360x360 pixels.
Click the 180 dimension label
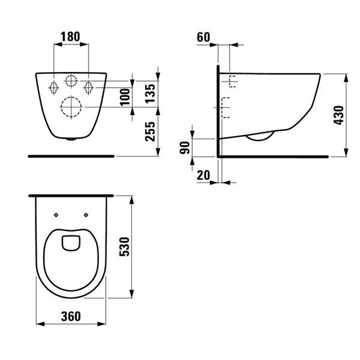coord(70,37)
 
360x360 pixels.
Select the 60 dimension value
coord(203,37)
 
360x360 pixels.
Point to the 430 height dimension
coord(338,115)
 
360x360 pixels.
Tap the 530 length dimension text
coord(124,247)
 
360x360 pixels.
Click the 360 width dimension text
coord(71,316)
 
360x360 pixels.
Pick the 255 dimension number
coord(150,131)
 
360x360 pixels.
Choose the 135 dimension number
coord(150,94)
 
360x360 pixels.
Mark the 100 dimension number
coord(125,97)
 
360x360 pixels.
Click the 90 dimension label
coord(185,148)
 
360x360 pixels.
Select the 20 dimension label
coord(203,175)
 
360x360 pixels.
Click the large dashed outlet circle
coord(71,107)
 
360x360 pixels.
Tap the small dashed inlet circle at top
coord(71,81)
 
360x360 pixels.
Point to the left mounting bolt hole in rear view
coord(53,88)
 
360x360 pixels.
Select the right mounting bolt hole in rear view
coord(88,88)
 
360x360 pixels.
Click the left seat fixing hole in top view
coord(56,215)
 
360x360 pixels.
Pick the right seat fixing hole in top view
coord(86,215)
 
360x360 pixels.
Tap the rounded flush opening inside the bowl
coord(71,243)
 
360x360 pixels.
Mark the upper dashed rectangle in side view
coord(233,82)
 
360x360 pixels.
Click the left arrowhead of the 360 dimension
coord(40,324)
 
